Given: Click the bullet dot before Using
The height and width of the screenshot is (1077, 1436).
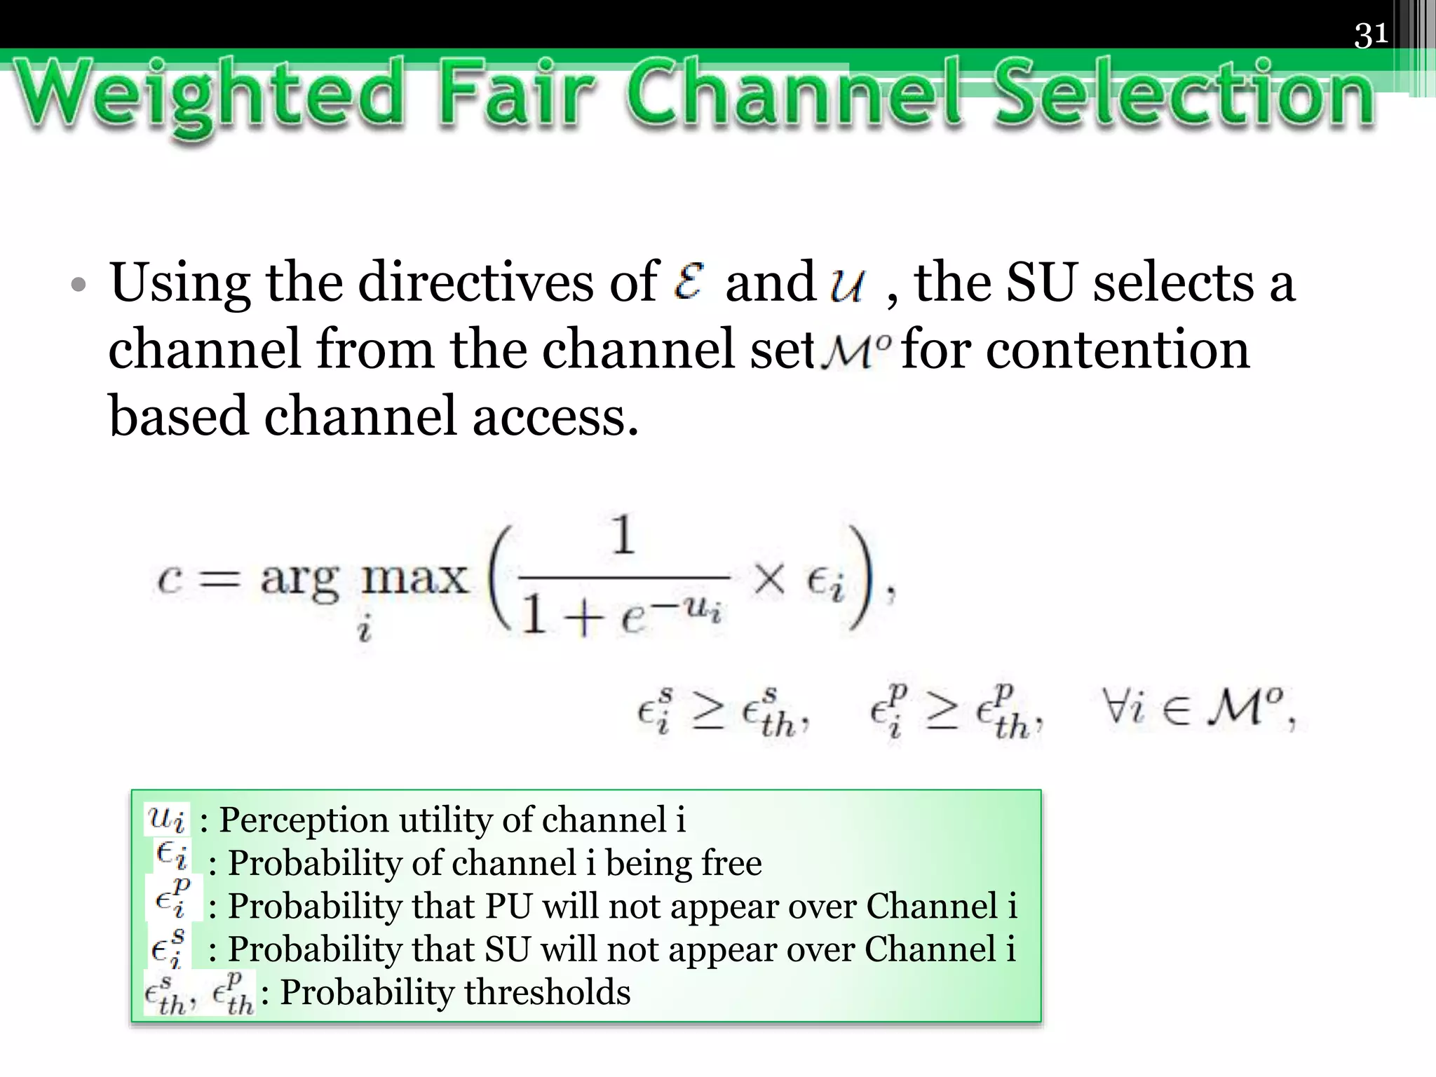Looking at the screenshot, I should point(79,286).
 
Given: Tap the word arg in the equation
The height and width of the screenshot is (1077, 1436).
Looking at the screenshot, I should point(299,581).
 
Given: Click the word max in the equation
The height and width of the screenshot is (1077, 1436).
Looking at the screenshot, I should point(414,579).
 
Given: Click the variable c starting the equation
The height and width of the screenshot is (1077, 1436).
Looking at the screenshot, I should point(170,581).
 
